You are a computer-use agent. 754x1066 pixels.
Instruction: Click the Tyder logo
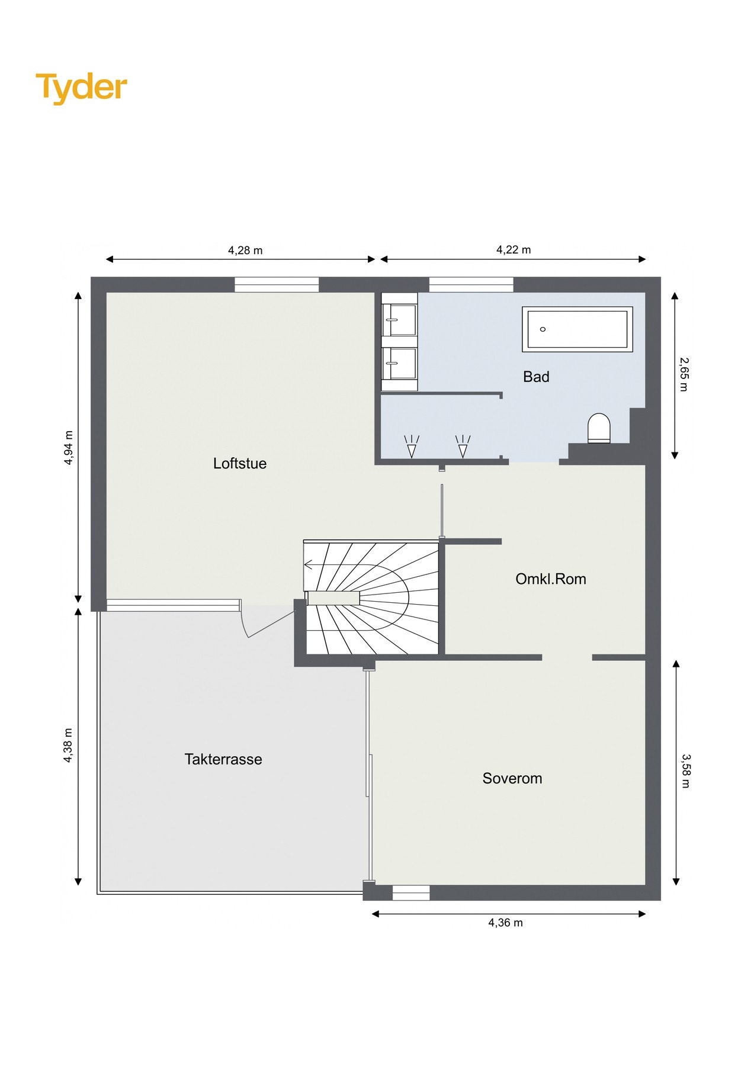tap(82, 88)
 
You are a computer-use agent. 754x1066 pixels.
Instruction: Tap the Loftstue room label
tap(240, 463)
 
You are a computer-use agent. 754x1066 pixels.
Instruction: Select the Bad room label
tap(536, 377)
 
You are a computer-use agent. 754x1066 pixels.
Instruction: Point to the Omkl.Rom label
tap(551, 579)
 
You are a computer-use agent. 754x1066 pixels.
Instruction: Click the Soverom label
tap(512, 778)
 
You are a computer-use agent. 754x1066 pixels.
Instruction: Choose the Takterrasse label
tap(223, 759)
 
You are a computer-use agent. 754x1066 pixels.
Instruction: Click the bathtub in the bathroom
tap(577, 329)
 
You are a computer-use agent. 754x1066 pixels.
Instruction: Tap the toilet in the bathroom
tap(599, 428)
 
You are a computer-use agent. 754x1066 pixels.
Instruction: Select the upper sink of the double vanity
tap(400, 320)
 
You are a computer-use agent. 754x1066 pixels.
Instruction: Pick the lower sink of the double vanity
tap(400, 362)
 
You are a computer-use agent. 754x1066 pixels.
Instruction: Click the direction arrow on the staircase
tap(309, 564)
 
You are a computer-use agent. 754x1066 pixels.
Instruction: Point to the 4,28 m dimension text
tap(245, 251)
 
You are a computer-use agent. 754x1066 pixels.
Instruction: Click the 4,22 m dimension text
tap(514, 250)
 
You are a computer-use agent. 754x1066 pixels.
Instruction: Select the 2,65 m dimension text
tap(684, 374)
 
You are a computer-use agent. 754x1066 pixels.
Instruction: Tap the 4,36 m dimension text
tap(505, 923)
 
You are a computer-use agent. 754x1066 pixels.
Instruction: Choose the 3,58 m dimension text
tap(685, 770)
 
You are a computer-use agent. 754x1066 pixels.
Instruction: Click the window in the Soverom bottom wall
tap(411, 892)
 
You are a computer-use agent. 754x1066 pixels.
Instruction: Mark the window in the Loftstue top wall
tap(277, 285)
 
